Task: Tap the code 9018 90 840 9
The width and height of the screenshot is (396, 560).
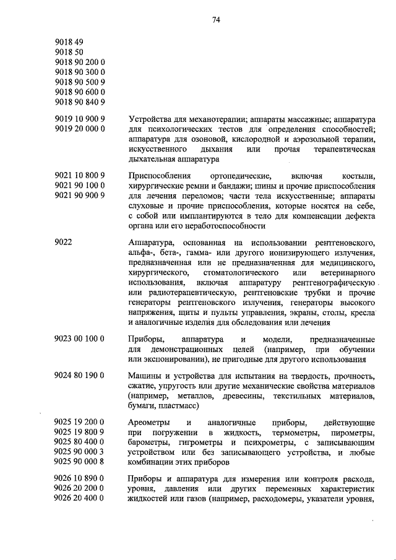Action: [79, 102]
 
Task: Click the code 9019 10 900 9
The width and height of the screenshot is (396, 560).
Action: [79, 119]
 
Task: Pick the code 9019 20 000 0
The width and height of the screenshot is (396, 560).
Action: [79, 129]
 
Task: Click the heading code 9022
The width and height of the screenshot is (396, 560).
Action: [63, 243]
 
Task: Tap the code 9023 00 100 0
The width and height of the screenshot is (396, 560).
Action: [79, 339]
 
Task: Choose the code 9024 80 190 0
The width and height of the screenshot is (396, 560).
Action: [79, 376]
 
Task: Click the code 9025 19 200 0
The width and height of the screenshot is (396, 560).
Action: [79, 423]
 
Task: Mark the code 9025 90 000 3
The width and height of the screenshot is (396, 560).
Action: [79, 452]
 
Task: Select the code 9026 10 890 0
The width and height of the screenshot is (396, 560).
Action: [79, 480]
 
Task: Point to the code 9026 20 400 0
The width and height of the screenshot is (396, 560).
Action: [79, 499]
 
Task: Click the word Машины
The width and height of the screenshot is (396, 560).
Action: [145, 376]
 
